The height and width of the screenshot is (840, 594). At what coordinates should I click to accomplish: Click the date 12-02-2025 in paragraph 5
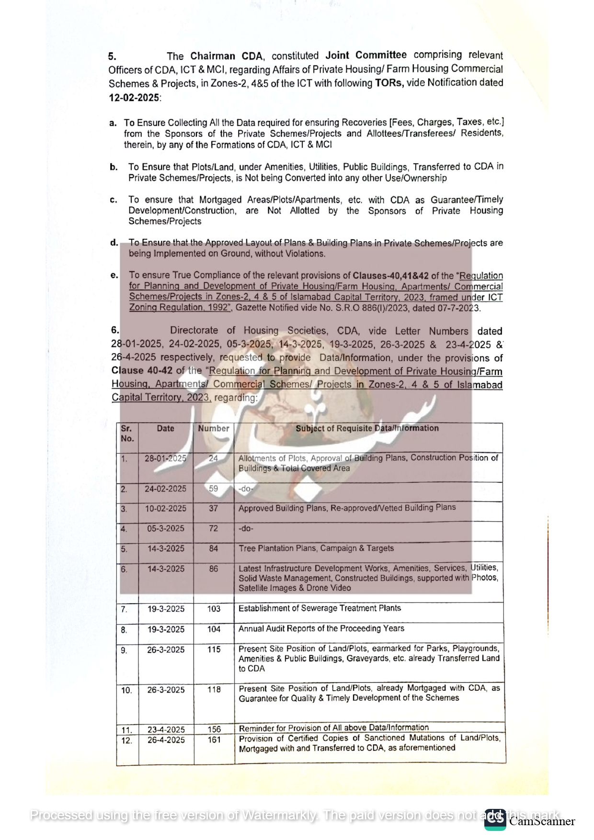tap(134, 98)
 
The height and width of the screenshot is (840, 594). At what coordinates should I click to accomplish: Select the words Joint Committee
tap(366, 56)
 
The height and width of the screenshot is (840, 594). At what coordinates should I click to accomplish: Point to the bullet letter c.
tap(114, 200)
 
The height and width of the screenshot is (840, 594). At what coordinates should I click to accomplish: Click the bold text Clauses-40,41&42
tap(390, 276)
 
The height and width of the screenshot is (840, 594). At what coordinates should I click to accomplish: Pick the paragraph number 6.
tap(115, 330)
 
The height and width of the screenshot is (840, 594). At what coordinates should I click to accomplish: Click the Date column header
tap(165, 428)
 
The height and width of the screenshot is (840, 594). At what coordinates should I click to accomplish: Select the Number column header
tap(214, 428)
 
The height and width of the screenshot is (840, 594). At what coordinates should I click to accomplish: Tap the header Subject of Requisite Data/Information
tap(367, 428)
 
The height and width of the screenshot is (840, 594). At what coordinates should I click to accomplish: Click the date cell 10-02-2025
tap(166, 508)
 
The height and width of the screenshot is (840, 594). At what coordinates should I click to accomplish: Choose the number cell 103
tap(214, 609)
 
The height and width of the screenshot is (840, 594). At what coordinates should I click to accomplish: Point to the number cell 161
tap(214, 740)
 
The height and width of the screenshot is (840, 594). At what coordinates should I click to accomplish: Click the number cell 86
tap(214, 569)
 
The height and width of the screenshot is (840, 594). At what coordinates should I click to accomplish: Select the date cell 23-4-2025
tap(166, 729)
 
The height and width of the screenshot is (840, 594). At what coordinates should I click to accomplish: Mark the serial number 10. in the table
tap(126, 690)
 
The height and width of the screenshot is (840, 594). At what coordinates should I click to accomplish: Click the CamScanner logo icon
tap(495, 819)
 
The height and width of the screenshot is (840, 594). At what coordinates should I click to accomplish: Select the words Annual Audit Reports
tap(277, 628)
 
